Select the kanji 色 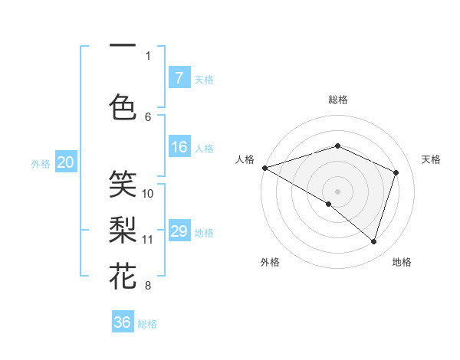(x=123, y=106)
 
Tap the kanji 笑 (x=123, y=183)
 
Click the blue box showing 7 (x=179, y=78)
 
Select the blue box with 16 (x=179, y=147)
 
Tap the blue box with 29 (x=179, y=231)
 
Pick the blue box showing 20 (x=66, y=162)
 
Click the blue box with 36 (x=123, y=322)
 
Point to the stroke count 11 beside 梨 (x=148, y=240)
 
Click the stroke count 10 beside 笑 (x=148, y=194)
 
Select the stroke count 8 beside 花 (x=148, y=286)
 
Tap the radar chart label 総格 (x=337, y=100)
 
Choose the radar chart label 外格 (x=270, y=262)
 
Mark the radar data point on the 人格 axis (x=264, y=167)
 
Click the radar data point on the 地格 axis (x=373, y=241)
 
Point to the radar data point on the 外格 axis (x=329, y=204)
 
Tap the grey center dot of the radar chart (x=337, y=191)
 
